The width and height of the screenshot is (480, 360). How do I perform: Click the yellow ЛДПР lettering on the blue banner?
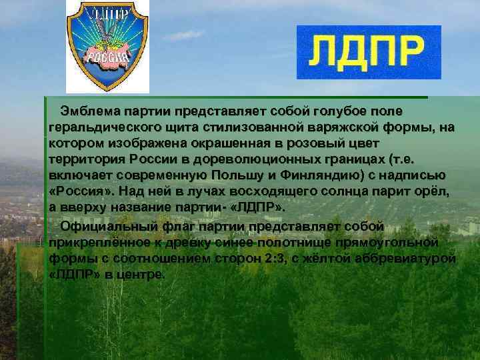click(x=368, y=53)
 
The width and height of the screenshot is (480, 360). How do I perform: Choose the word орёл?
click(x=436, y=191)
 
